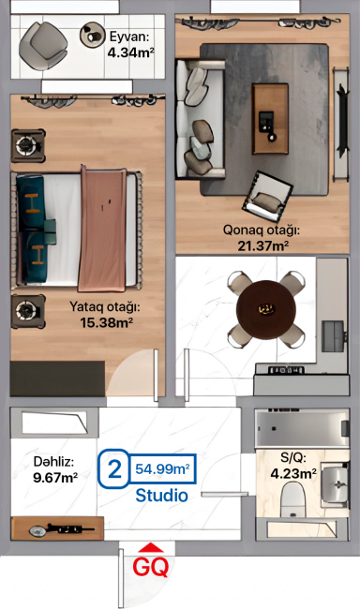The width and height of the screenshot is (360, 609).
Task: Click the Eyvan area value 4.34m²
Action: [x=130, y=52]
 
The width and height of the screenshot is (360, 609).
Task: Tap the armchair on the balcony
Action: [x=43, y=46]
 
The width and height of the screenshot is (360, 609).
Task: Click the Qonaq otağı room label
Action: [x=262, y=230]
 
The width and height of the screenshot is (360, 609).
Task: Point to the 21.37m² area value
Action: [x=262, y=245]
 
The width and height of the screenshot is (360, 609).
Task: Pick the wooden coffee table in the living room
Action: [x=271, y=119]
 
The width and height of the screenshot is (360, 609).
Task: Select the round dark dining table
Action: [x=266, y=309]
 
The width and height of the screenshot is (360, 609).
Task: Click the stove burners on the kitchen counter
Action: [x=285, y=370]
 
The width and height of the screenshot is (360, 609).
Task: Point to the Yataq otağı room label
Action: [x=105, y=306]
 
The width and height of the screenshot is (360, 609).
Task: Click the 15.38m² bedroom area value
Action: [x=107, y=322]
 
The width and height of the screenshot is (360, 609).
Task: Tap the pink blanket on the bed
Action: [x=102, y=230]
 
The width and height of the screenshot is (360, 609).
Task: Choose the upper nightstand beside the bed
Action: [x=27, y=145]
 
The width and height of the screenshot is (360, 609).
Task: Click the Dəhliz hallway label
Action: [x=53, y=462]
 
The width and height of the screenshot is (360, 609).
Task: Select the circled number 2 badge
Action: [x=113, y=468]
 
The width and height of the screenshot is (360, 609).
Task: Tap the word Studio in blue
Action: [x=162, y=496]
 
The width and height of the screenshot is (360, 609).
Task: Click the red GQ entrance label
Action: [x=151, y=567]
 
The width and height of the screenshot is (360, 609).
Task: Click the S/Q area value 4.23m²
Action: [x=293, y=474]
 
